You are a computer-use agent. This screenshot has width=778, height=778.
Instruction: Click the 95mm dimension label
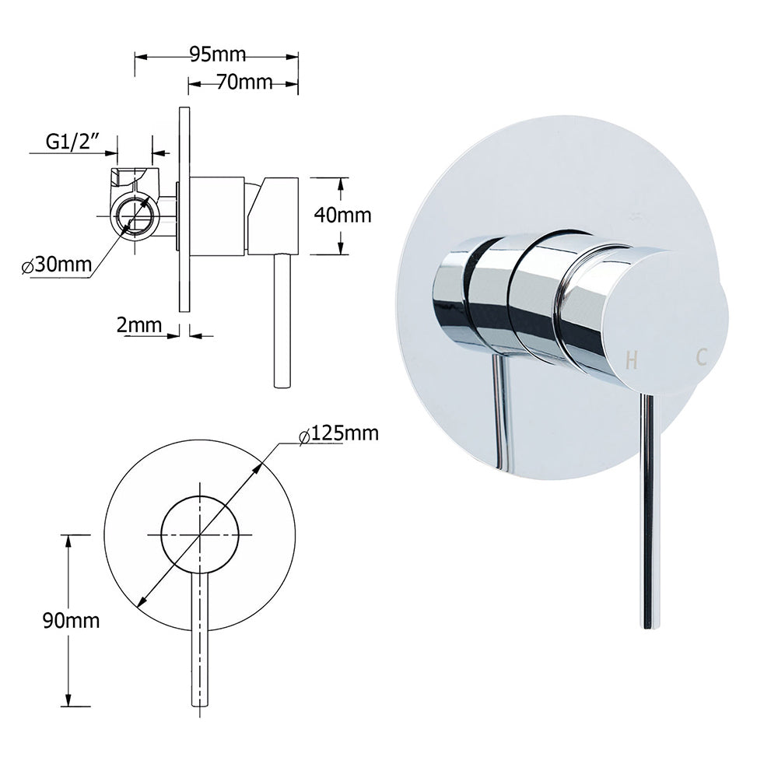pos(217,54)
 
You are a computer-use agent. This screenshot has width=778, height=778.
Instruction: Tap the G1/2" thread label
pos(75,142)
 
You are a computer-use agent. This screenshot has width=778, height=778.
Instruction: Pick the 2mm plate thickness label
pos(138,324)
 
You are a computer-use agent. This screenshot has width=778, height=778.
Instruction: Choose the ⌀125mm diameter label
pos(339,433)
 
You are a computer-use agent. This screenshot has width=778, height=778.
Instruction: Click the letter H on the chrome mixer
pos(632,360)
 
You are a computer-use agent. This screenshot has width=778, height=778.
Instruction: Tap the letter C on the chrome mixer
pos(701,357)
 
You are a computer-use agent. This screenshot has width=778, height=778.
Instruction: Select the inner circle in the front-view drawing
pos(200,534)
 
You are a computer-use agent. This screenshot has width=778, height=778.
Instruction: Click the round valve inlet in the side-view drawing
pos(135,215)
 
